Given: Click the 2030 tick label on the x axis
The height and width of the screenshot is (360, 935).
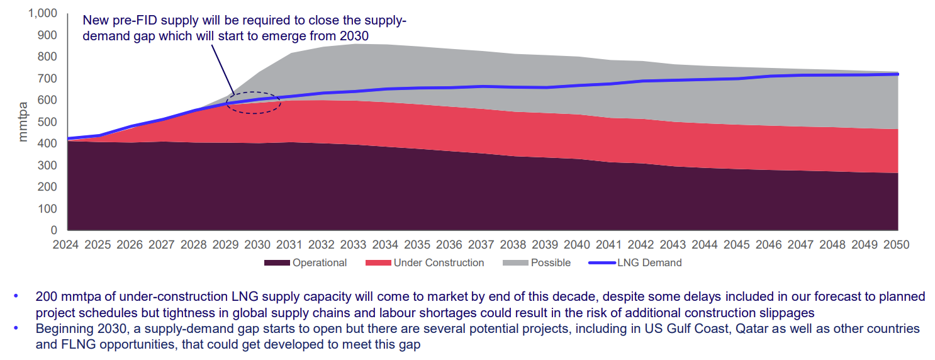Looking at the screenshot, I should [257, 244].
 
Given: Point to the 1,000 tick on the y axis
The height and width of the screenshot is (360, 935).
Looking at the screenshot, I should [43, 13].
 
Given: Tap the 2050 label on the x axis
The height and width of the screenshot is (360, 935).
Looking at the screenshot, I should [896, 244].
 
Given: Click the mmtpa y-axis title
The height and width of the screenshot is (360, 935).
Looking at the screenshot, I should [23, 121].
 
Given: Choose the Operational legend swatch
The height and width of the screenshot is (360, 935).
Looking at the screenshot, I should [277, 263].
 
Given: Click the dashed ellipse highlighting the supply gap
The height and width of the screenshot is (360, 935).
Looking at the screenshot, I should [252, 103].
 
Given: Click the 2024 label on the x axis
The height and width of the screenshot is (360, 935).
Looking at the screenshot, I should [66, 244].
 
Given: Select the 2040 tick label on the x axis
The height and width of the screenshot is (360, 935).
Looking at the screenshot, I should [577, 244].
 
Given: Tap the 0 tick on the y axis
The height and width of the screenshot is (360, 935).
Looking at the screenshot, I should [54, 230].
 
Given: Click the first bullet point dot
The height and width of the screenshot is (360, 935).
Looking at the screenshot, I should [16, 296].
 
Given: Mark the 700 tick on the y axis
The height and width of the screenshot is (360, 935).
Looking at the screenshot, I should [48, 78].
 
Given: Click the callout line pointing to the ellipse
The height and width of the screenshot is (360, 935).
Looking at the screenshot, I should [223, 69].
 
